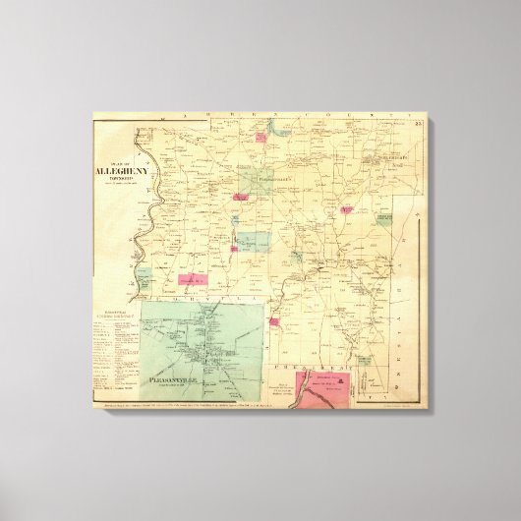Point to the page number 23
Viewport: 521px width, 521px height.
pyautogui.click(x=419, y=122)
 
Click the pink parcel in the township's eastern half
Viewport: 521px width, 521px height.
pyautogui.click(x=347, y=209)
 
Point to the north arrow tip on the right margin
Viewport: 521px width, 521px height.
pyautogui.click(x=416, y=210)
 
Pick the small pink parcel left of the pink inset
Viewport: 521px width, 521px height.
pyautogui.click(x=275, y=320)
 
